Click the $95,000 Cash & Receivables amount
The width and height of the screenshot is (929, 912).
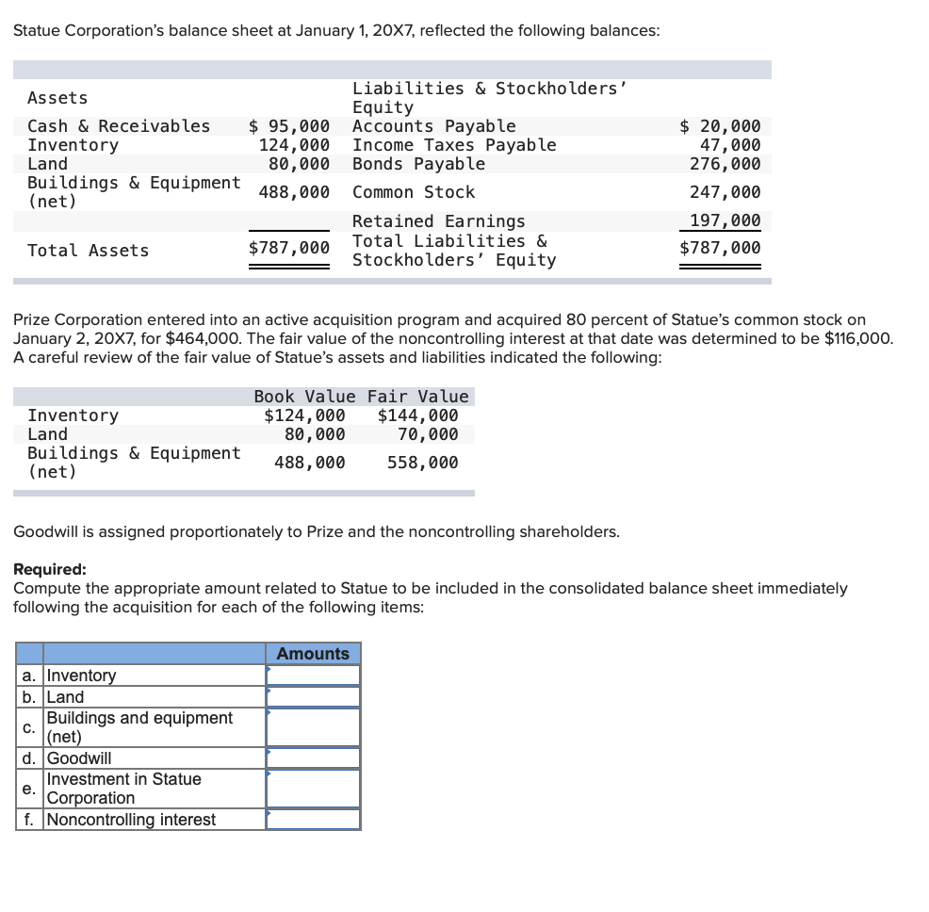point(289,126)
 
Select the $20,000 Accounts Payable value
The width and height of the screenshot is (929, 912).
point(721,126)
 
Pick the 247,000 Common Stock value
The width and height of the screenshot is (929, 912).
point(725,192)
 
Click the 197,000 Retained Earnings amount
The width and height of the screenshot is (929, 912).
point(725,221)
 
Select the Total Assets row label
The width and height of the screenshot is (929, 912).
point(88,251)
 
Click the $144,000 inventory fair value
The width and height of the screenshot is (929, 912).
point(417,415)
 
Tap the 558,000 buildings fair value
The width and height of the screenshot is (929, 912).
point(422,463)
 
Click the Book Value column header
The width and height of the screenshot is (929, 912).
point(304,397)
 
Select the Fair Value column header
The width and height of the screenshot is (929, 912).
point(417,397)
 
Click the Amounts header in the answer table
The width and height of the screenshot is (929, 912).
point(313,654)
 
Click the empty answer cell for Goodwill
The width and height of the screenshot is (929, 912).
point(313,758)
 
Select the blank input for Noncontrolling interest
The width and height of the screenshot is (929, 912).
point(313,820)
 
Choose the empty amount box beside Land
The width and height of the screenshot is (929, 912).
point(313,697)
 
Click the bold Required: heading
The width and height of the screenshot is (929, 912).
point(49,569)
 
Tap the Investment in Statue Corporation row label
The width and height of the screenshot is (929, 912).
point(123,789)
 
